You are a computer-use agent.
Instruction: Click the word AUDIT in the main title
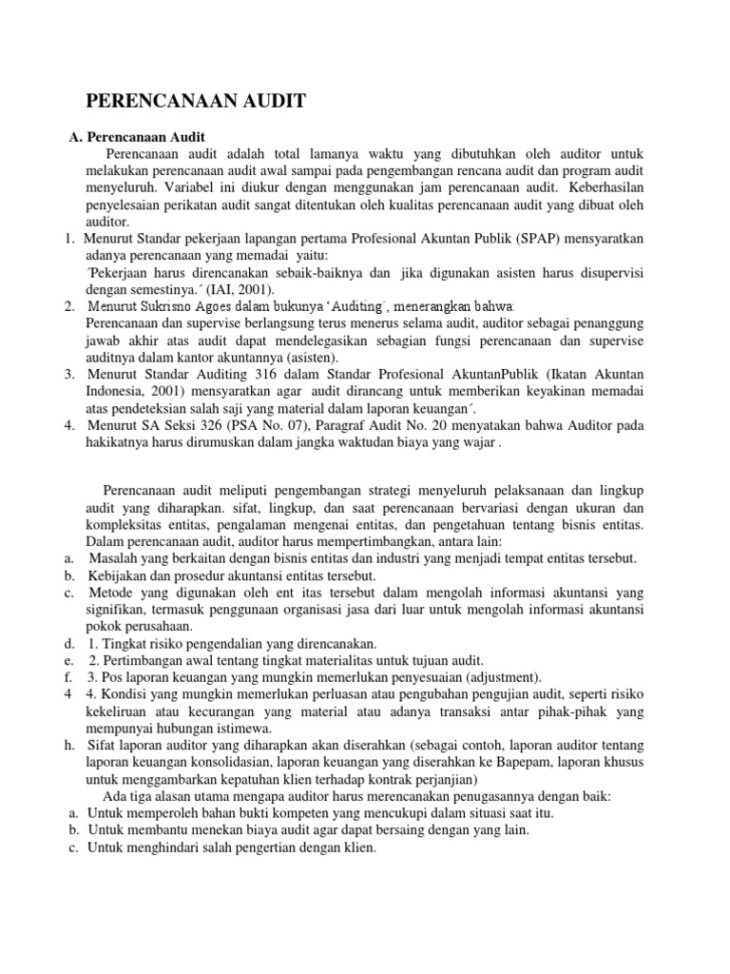[268, 101]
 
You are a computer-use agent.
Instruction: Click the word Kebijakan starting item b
[117, 575]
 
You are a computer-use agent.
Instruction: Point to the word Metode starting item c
[112, 593]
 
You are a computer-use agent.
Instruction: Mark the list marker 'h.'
[69, 746]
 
